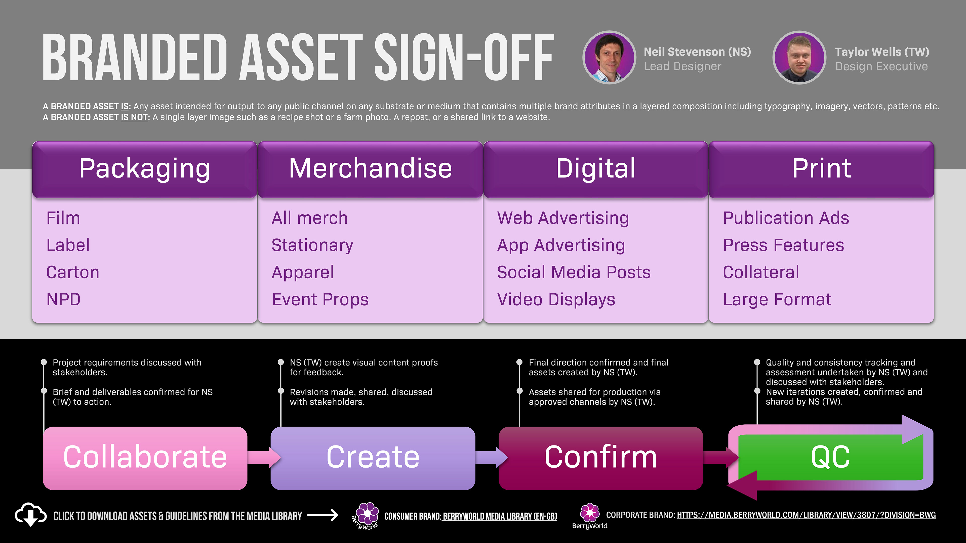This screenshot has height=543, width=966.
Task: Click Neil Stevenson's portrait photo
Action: pos(609,57)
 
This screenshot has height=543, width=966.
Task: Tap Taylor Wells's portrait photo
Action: pos(799,57)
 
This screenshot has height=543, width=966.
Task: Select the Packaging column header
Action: pos(145,169)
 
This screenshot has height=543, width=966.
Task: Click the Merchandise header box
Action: pos(370,169)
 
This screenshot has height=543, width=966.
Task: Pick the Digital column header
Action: pos(595,169)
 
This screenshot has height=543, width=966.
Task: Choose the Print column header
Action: pos(821,169)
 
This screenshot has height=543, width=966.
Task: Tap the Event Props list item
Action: pos(320,299)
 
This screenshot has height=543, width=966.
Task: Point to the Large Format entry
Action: pos(777,299)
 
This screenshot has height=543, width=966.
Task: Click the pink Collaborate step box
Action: pos(145,458)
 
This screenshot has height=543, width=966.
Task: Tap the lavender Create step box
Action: pos(373,458)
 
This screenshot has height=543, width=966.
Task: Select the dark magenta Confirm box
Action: pos(600,458)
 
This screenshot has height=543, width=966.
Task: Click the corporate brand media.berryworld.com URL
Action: pos(806,515)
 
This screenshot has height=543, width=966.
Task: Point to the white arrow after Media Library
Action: pos(323,516)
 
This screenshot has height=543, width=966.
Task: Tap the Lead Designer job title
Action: pos(682,66)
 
